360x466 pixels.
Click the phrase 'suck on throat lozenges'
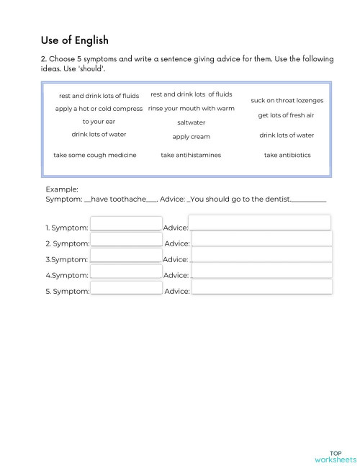(287, 100)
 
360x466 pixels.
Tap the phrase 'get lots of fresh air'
(286, 115)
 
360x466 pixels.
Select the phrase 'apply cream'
(191, 136)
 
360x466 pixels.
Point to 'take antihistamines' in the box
(191, 155)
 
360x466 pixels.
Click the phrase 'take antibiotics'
(287, 155)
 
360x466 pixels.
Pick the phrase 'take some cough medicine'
(94, 155)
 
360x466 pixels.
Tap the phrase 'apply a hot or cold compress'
(99, 109)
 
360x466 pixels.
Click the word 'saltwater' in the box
(191, 122)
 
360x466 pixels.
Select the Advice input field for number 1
(259, 223)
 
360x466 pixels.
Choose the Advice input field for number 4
(262, 271)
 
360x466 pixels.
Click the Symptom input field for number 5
(127, 287)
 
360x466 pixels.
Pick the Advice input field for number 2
(262, 239)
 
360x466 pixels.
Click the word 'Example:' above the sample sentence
(62, 189)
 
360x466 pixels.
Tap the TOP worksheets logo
(336, 457)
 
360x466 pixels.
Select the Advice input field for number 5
(262, 287)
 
